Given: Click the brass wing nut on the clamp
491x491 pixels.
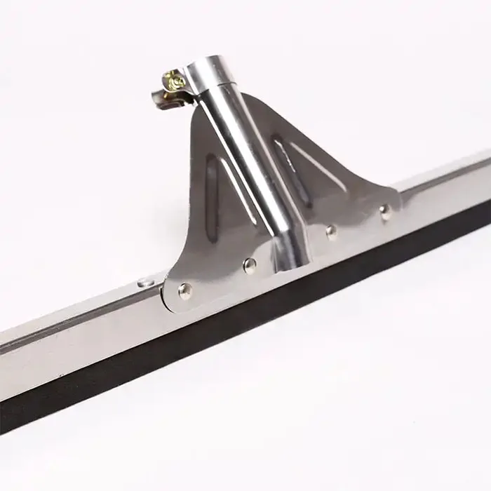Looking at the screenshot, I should (x=172, y=81).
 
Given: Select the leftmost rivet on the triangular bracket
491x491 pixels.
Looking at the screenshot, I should (x=185, y=288).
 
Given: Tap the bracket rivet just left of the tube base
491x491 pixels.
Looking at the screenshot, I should (x=249, y=264).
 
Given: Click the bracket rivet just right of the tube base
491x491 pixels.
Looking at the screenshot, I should (x=331, y=230).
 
